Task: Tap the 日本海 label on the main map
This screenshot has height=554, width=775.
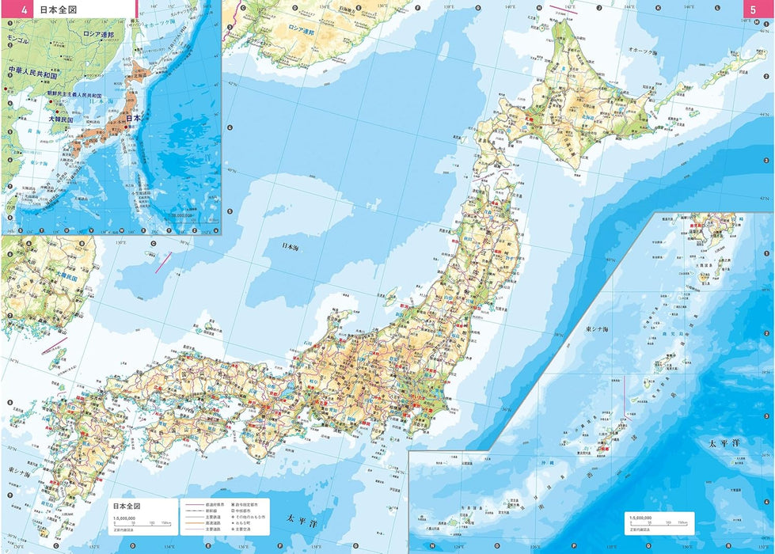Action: tap(291, 247)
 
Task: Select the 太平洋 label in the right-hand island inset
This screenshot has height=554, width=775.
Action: tap(724, 443)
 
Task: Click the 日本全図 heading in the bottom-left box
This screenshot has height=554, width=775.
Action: tap(126, 505)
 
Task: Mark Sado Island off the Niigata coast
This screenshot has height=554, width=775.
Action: tap(389, 298)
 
